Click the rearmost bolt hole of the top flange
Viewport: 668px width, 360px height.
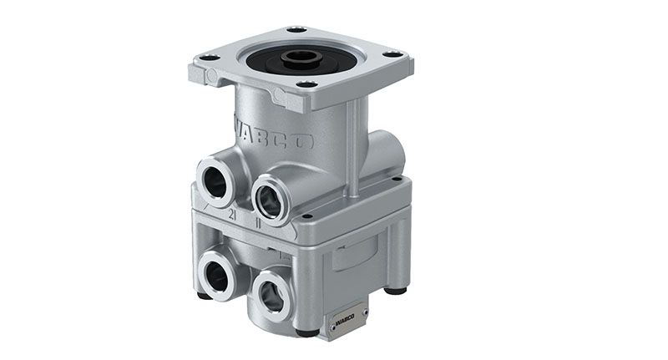[x=297, y=31]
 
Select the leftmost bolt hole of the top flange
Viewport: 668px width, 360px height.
[x=209, y=57]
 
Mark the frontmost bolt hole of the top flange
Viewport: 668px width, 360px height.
[x=307, y=84]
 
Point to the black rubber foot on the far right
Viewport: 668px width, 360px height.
[x=397, y=291]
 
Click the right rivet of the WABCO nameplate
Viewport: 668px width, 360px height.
[x=365, y=311]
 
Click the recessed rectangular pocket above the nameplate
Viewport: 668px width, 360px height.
[x=355, y=254]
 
